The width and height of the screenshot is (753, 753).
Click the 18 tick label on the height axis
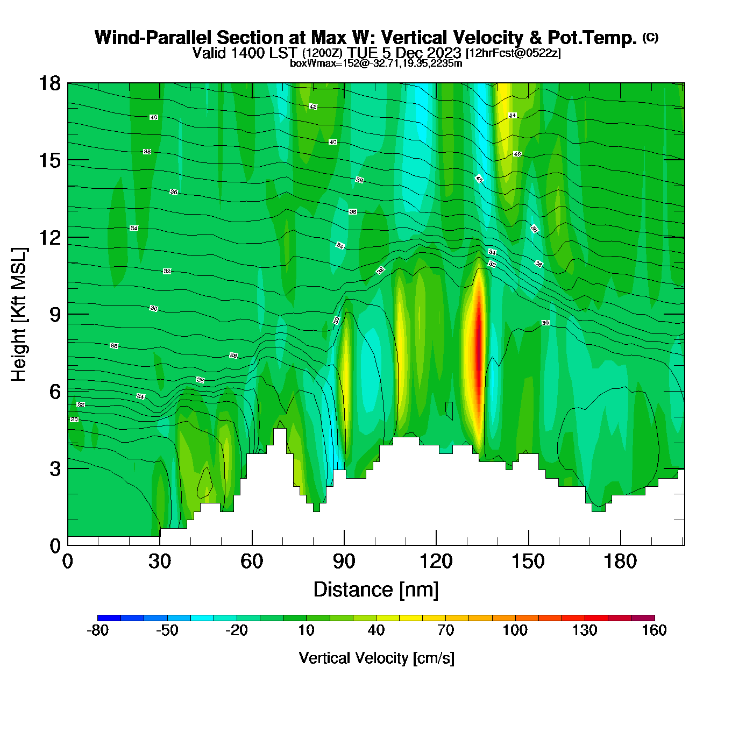pos(49,83)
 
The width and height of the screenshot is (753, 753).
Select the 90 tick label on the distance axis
pos(344,562)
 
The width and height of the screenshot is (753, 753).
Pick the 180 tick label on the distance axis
pos(620,562)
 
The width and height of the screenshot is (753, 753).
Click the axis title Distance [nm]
pos(376,589)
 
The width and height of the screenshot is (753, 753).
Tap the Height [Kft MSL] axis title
pos(19,315)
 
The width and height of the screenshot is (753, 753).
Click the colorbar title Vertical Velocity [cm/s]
pos(376,658)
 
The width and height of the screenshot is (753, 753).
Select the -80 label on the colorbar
pos(97,630)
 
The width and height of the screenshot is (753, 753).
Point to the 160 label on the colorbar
pos(654,630)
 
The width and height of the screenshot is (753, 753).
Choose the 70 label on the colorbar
pos(445,630)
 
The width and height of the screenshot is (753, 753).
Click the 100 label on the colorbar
pos(515,630)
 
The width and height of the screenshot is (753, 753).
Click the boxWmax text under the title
pos(375,63)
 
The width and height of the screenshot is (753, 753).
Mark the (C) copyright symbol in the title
pos(650,37)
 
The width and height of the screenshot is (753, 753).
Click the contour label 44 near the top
pos(512,116)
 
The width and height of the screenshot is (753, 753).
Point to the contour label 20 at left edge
pos(74,420)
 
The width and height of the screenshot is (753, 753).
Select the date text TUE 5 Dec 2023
pos(404,53)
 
